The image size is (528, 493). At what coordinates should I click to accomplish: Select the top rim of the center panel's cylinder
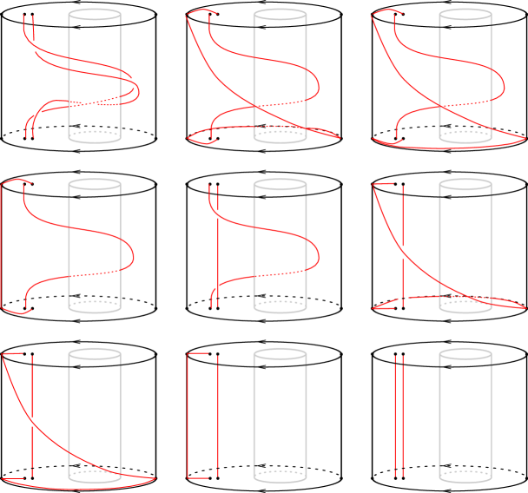click(280, 184)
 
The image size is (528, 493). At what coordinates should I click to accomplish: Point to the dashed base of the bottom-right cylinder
click(465, 476)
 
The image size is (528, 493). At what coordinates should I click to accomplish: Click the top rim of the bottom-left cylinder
click(95, 354)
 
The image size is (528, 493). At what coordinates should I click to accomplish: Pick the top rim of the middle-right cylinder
click(465, 184)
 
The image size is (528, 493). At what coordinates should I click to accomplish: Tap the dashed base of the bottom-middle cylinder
click(280, 476)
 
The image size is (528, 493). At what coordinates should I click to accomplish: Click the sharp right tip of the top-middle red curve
click(340, 137)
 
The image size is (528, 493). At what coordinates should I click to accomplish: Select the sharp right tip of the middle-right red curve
click(525, 307)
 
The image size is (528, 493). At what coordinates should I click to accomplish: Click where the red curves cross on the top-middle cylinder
click(253, 108)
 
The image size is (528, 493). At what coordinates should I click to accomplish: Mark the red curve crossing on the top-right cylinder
click(439, 108)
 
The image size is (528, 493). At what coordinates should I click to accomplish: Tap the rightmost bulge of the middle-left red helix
click(135, 253)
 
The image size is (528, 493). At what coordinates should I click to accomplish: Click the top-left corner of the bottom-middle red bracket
click(189, 354)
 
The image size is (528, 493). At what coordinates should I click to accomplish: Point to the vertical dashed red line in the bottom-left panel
click(33, 417)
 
